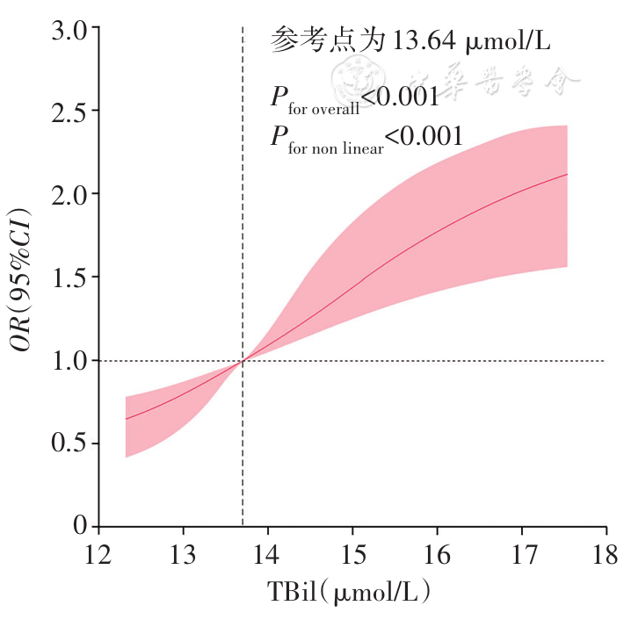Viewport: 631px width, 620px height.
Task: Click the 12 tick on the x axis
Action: (98, 556)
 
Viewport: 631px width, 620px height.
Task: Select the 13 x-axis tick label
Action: (183, 556)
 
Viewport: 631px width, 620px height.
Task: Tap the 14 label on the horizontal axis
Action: (267, 556)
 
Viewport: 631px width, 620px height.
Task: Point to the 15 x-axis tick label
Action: (352, 556)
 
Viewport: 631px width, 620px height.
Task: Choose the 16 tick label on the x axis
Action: (437, 556)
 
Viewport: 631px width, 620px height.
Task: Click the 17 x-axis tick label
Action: (521, 556)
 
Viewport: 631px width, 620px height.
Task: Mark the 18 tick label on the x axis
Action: (606, 556)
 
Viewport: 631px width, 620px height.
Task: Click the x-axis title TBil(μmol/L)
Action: (351, 593)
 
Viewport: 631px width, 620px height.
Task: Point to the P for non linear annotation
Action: (366, 138)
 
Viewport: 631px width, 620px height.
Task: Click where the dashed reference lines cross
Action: (243, 361)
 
